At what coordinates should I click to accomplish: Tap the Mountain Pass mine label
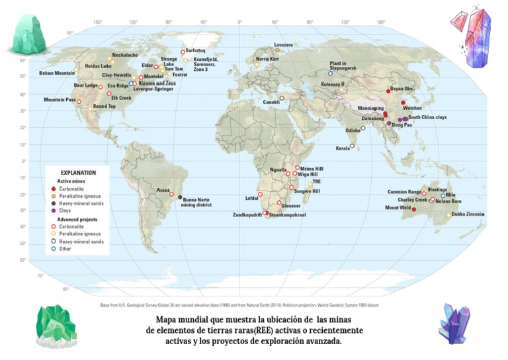coord(59,99)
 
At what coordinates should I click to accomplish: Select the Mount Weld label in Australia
coord(398,208)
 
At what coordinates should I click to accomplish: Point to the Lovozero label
coord(283,44)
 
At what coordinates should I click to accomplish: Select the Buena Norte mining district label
coord(197,202)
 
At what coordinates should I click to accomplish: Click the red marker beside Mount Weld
coord(414,209)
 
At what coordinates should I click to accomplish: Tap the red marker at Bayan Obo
coord(388,91)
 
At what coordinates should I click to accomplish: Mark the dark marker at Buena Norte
coord(180,197)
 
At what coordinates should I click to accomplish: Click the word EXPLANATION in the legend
coord(78,173)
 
